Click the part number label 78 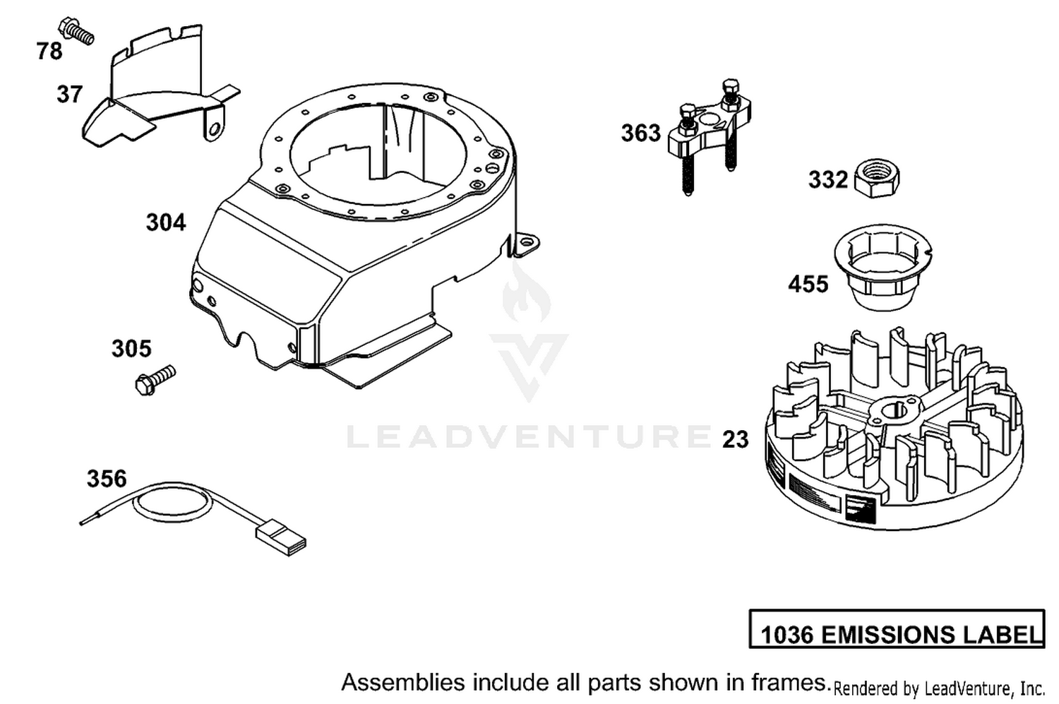pos(49,51)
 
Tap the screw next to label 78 pos(76,31)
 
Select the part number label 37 pos(69,94)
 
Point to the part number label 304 pos(166,222)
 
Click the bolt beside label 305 pos(155,380)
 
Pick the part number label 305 pos(131,349)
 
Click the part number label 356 pos(107,479)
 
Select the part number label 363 pos(640,133)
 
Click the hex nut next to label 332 pos(877,178)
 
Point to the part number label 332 pos(828,179)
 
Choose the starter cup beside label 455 pos(882,267)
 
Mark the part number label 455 pos(808,284)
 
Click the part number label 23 pos(736,439)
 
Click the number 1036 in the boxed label pos(787,635)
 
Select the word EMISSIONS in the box pos(887,635)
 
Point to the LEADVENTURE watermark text pos(529,437)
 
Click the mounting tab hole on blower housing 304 pos(526,242)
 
